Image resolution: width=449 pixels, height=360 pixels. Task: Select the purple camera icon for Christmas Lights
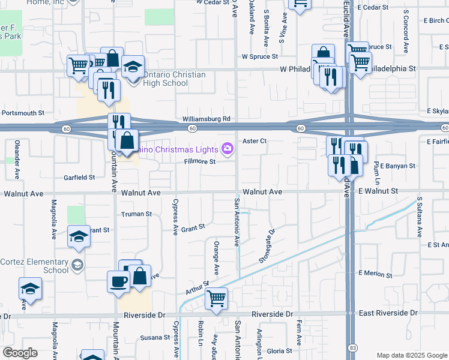click(228, 148)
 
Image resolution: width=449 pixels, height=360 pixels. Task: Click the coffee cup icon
click(118, 281)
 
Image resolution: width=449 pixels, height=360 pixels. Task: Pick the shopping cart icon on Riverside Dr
click(216, 298)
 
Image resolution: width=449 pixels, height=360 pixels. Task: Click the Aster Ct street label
click(254, 141)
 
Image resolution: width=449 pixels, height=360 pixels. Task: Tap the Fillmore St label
click(199, 161)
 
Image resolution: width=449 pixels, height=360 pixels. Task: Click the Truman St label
click(136, 214)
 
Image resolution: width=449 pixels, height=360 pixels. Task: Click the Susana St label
click(152, 338)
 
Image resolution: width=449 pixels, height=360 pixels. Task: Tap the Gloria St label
click(279, 351)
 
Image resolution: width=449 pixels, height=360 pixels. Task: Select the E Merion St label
click(375, 274)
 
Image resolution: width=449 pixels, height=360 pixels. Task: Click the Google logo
click(20, 353)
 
